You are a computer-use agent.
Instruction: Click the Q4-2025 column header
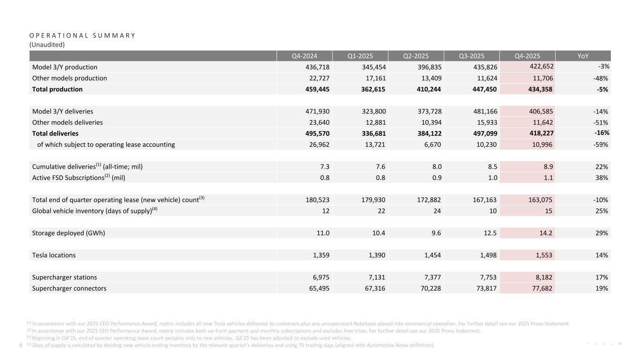tap(527, 56)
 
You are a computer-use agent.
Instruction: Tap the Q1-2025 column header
tap(360, 56)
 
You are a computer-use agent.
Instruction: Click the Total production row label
tap(57, 89)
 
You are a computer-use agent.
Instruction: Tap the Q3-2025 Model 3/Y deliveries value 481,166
tap(482, 112)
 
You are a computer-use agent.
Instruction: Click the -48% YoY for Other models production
tap(601, 78)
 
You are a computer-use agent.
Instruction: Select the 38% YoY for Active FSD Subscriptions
tap(602, 178)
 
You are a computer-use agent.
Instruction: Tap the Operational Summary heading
tap(82, 36)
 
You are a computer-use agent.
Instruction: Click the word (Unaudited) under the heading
tap(46, 45)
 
